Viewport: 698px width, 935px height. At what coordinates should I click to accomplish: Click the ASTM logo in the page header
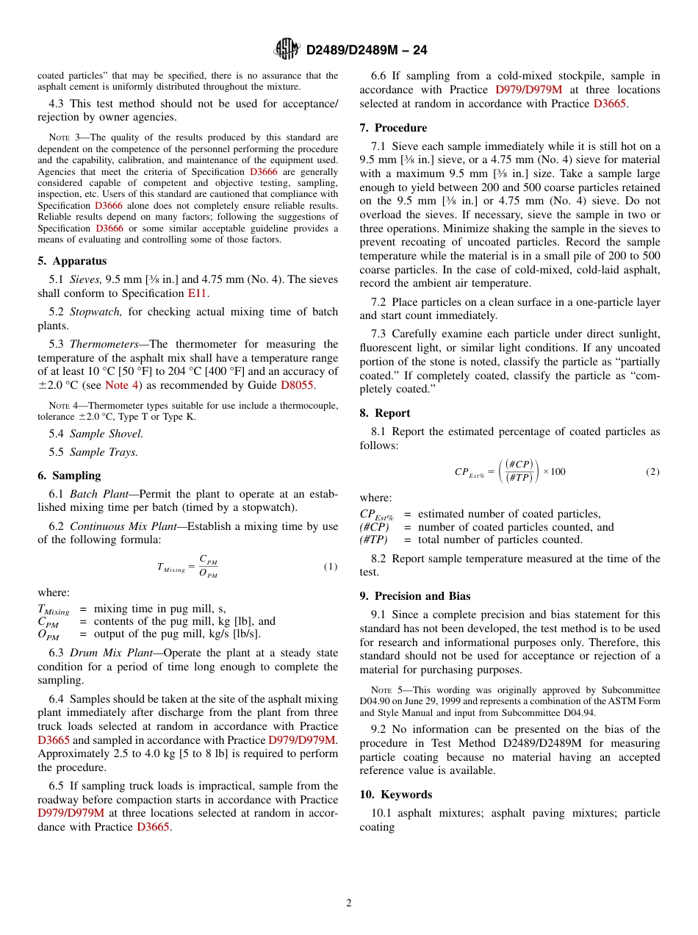click(287, 49)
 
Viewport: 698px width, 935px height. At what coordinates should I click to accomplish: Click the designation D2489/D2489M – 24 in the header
click(366, 50)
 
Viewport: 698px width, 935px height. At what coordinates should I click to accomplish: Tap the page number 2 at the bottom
click(349, 903)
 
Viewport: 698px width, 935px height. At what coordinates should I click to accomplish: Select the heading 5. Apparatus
click(72, 261)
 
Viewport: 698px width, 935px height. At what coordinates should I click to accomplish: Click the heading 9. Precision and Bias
click(415, 596)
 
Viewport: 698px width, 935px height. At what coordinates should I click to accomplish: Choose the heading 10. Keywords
click(396, 795)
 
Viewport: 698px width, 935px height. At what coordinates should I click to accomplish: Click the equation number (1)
click(331, 567)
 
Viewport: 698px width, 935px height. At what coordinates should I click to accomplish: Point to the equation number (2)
click(652, 471)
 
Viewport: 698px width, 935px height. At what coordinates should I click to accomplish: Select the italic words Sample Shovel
click(107, 434)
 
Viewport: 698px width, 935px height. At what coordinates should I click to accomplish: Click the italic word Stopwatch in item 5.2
click(96, 312)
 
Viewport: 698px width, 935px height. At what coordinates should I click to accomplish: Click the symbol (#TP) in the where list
click(373, 540)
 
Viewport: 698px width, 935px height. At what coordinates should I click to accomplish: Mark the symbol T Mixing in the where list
click(54, 609)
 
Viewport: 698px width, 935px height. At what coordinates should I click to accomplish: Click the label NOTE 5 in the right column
click(386, 690)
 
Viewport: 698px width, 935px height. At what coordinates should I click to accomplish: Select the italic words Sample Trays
click(104, 452)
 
